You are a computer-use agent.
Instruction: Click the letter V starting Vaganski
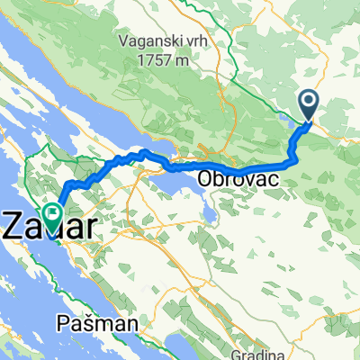(123, 40)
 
